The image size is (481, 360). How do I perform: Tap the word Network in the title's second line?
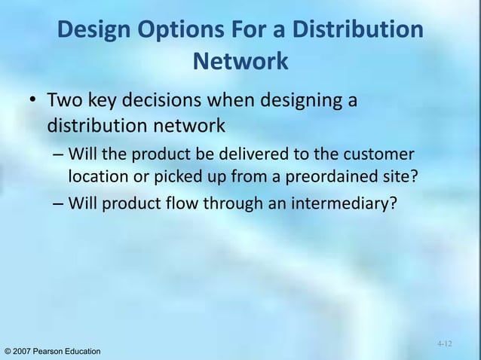[240, 61]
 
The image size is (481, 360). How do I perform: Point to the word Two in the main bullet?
[64, 100]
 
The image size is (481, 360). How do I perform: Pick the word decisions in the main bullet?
[173, 100]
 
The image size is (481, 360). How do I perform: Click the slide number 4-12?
[444, 343]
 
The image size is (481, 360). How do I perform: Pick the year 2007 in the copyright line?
[25, 352]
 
